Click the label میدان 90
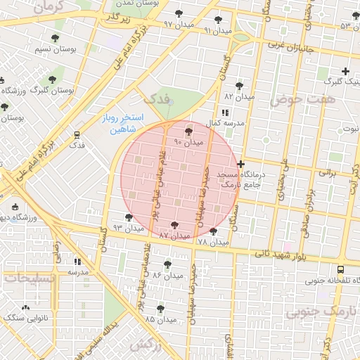pos(188,142)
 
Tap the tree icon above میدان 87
pos(174,225)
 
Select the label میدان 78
pos(213,242)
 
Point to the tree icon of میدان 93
pos(127,217)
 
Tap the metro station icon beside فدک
pos(76,134)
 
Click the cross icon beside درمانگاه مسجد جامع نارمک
pos(241,164)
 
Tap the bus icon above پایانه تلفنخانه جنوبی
pos(341,269)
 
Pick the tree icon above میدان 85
pos(160,308)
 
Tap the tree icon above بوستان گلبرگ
pos(52,79)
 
